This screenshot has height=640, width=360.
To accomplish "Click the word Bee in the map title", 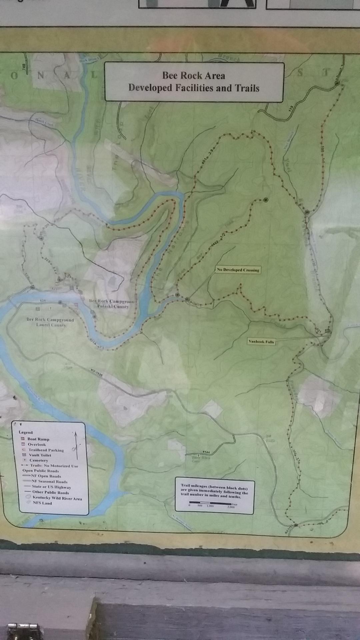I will (169, 76).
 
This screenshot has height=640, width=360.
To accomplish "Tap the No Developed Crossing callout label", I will (238, 270).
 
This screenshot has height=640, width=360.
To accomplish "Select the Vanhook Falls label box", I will (261, 341).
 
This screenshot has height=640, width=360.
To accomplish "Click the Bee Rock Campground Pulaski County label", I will (113, 304).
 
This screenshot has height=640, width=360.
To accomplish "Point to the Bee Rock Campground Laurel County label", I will (50, 322).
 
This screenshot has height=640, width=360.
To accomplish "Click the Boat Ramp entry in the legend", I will (38, 439).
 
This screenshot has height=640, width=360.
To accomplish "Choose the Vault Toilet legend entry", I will (40, 455).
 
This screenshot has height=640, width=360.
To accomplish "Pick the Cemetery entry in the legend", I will (39, 460).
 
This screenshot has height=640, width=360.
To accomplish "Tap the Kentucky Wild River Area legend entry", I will (57, 498).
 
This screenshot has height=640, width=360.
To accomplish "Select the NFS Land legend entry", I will (42, 503).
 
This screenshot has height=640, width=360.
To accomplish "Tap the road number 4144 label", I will (206, 452).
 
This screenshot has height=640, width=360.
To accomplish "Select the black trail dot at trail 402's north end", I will (266, 200).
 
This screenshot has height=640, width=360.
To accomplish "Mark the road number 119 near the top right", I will (290, 109).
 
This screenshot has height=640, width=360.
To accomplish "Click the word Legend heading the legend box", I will (26, 432).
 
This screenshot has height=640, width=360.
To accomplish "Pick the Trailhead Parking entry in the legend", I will (46, 450).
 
